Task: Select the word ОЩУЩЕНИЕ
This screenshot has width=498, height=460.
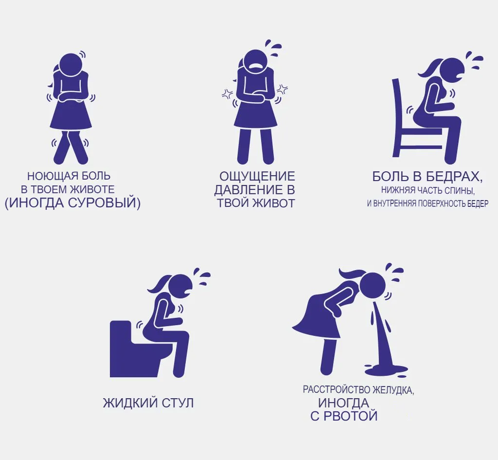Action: click(257, 176)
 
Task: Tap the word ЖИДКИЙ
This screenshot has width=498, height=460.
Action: click(130, 403)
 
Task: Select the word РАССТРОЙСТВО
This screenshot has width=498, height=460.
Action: click(337, 389)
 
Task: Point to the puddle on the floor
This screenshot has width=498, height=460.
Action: click(386, 370)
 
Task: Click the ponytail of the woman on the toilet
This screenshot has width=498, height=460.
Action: click(158, 285)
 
